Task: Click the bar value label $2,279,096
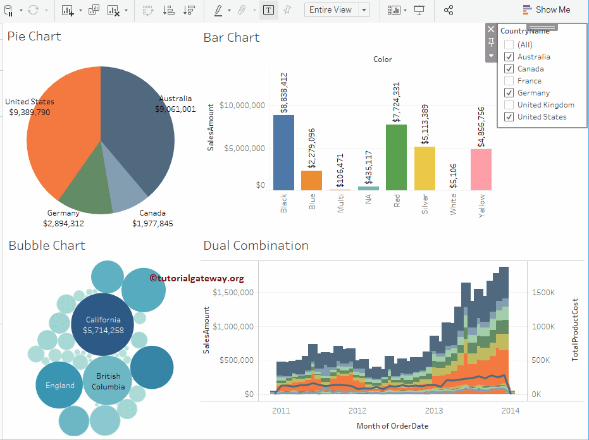click(311, 148)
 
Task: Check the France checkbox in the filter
click(509, 81)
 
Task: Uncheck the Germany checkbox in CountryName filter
click(509, 93)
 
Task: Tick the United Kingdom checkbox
click(509, 105)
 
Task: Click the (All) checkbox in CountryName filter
click(509, 45)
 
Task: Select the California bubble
click(102, 324)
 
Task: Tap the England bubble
click(59, 386)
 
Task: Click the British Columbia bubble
click(108, 381)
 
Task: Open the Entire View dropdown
click(364, 10)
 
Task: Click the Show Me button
click(547, 10)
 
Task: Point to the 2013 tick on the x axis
click(433, 410)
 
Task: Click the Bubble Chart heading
click(47, 246)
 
